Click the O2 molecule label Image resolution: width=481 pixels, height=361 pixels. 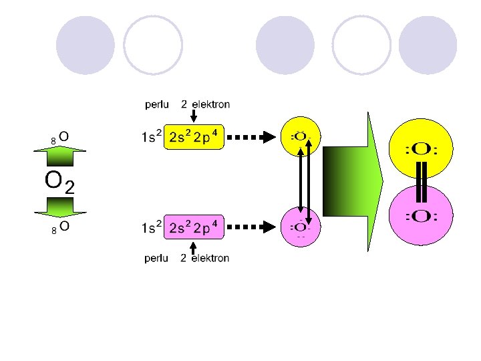59,180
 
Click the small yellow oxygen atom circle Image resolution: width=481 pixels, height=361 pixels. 300,136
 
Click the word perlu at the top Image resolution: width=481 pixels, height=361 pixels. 159,104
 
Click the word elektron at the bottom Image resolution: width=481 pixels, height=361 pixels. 210,258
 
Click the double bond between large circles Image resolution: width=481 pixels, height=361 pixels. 421,183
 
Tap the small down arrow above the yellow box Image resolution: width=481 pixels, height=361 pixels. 193,116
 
